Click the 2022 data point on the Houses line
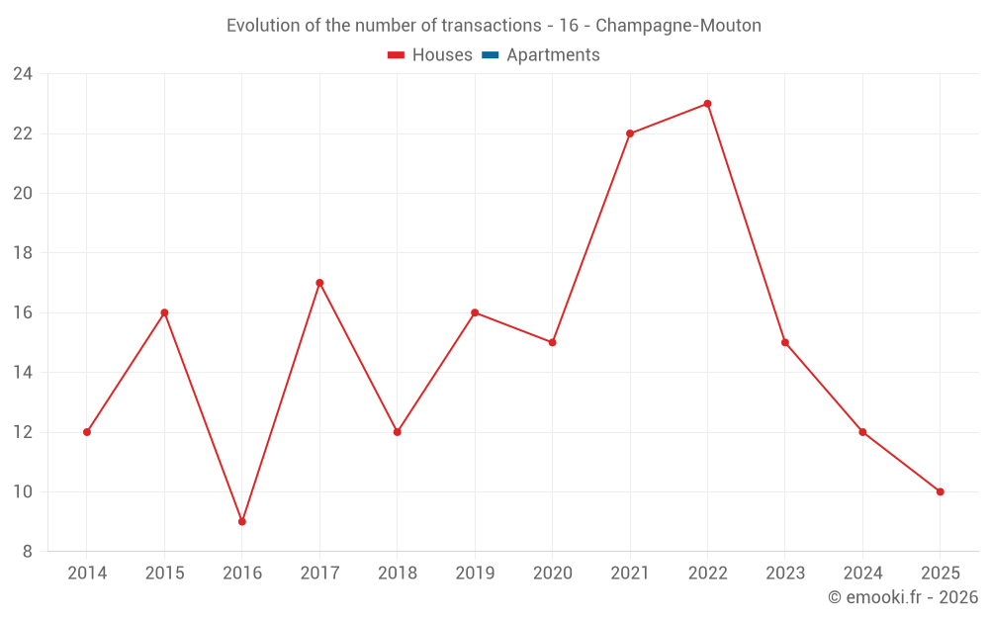pyautogui.click(x=707, y=104)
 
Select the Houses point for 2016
pyautogui.click(x=242, y=521)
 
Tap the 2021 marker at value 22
pyautogui.click(x=630, y=133)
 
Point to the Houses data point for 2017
pyautogui.click(x=319, y=283)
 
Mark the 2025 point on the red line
pyautogui.click(x=940, y=491)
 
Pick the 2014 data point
pyautogui.click(x=87, y=432)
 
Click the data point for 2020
pyautogui.click(x=552, y=342)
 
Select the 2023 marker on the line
pyautogui.click(x=785, y=342)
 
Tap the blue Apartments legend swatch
pyautogui.click(x=490, y=55)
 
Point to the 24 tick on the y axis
pyautogui.click(x=23, y=74)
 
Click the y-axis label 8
pyautogui.click(x=28, y=552)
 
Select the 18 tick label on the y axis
pyautogui.click(x=23, y=253)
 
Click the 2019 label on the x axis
pyautogui.click(x=475, y=574)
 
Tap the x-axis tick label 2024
pyautogui.click(x=862, y=574)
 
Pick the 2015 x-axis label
pyautogui.click(x=164, y=574)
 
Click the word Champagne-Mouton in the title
pyautogui.click(x=678, y=26)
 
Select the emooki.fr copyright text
pyautogui.click(x=902, y=597)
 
